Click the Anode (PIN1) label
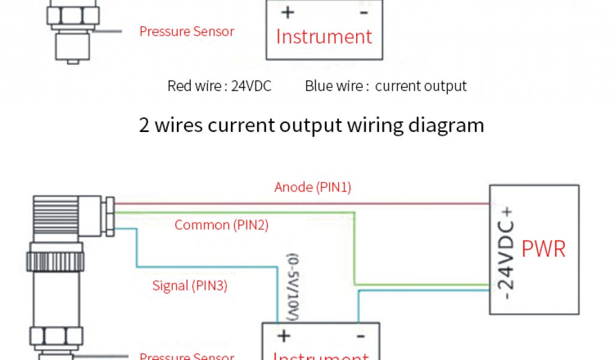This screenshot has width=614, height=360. point(312,187)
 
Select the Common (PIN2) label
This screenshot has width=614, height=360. point(221,225)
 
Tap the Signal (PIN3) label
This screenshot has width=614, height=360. point(189,286)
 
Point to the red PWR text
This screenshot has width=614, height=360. point(543,248)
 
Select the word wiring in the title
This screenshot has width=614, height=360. point(356,125)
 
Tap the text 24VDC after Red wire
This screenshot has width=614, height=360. point(251,86)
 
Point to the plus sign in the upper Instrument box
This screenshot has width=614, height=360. point(287,12)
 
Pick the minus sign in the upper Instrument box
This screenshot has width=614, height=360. point(363,12)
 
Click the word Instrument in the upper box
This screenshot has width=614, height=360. point(324,37)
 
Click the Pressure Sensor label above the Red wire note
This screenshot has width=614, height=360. point(186,31)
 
